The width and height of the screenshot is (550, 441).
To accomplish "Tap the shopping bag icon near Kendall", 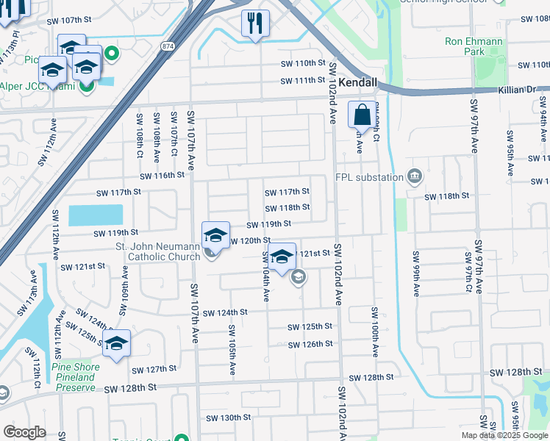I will [362, 115].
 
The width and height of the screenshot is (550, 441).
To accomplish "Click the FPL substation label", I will [369, 176].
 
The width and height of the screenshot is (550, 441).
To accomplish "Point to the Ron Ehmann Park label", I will [474, 46].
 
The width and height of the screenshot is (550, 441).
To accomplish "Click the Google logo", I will [25, 432].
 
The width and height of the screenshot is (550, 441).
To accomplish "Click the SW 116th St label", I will [163, 175].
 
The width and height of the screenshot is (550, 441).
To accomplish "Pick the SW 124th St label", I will [225, 312].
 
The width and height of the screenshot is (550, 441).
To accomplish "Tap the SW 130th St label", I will [228, 417].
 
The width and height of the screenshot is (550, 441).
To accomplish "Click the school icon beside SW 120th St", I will [215, 235].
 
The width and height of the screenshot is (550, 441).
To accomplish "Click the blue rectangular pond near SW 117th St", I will [96, 215].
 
